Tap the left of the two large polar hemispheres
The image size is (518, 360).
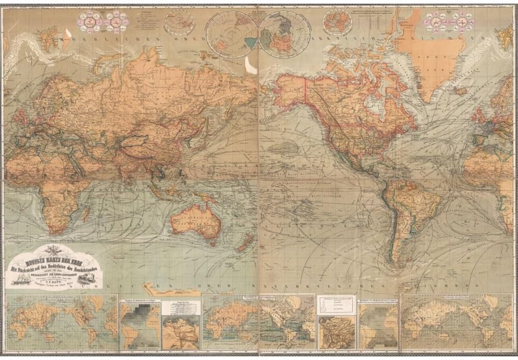[231, 35]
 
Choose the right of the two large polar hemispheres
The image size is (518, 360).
[284, 35]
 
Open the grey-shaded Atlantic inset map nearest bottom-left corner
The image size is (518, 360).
[140, 326]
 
